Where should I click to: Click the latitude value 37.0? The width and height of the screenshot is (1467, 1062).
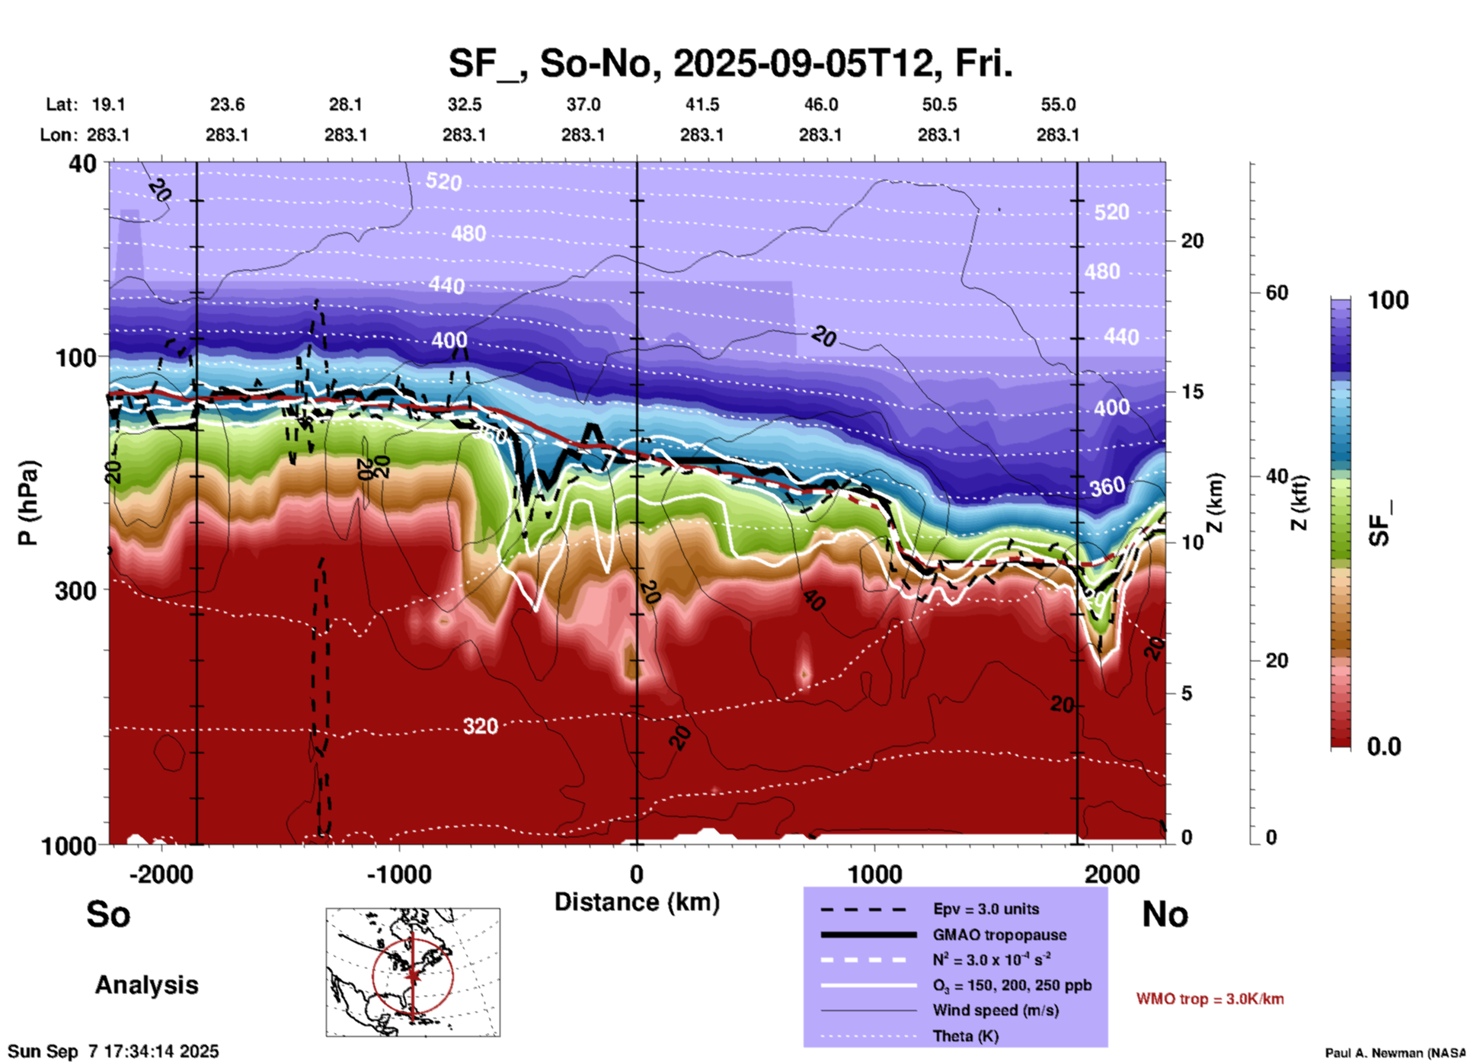[x=583, y=104]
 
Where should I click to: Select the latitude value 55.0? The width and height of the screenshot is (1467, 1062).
[x=1057, y=104]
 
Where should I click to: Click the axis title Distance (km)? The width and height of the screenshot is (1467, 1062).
[x=637, y=902]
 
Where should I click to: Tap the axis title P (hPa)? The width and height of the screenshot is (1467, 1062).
[x=28, y=503]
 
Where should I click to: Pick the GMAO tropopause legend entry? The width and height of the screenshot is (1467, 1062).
[x=999, y=935]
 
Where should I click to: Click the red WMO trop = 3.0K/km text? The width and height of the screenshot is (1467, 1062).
[x=1210, y=999]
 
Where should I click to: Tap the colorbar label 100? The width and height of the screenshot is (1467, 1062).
[x=1388, y=300]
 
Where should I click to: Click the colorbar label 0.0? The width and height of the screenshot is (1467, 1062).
[x=1383, y=747]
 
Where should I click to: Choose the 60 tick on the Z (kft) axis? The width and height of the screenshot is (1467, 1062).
[x=1276, y=293]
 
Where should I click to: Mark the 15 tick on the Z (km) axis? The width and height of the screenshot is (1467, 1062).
[x=1191, y=392]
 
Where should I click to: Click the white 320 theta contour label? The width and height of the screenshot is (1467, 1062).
[x=480, y=727]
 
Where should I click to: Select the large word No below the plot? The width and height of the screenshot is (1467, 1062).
[x=1165, y=914]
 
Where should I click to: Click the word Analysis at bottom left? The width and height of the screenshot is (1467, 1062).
[x=146, y=985]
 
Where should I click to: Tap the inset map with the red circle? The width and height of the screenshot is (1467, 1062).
[x=413, y=971]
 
